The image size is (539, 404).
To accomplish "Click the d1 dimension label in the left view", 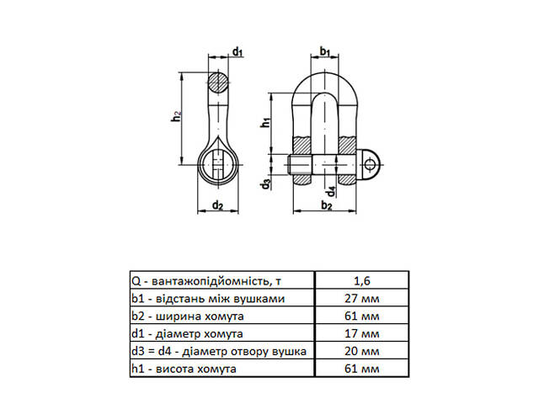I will [237, 53].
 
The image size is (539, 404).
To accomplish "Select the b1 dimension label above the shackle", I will [324, 53].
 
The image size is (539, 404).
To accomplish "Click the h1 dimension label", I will [264, 123].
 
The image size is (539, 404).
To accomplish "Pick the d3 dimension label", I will [265, 183].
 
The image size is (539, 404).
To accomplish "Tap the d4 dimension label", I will [331, 190].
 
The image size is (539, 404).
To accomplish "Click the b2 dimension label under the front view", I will [327, 205].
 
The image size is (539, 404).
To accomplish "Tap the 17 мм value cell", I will [363, 333].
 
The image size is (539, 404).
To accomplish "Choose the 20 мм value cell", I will [363, 351].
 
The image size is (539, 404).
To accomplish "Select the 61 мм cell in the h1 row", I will [363, 369].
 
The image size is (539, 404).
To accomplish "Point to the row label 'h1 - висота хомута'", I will [183, 369].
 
